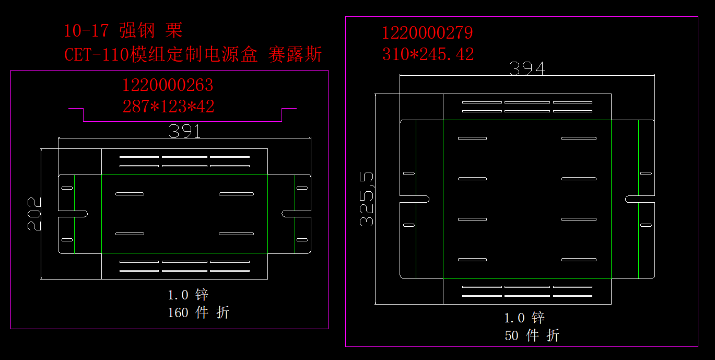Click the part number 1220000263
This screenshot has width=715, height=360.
[x=168, y=85]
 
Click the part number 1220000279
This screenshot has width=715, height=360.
[x=427, y=33]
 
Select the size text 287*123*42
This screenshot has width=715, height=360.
[x=168, y=107]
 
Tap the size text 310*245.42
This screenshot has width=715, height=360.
[x=428, y=54]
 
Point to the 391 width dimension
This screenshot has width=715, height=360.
[x=185, y=131]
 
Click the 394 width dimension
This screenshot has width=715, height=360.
[x=526, y=68]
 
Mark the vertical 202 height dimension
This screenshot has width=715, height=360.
[x=34, y=213]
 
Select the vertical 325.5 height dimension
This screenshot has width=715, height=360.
[x=367, y=199]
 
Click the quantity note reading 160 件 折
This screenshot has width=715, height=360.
[x=198, y=313]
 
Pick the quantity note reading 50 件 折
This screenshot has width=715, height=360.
[x=532, y=335]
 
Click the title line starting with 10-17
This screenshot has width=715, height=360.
[x=123, y=31]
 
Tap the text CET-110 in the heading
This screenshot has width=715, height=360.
[x=97, y=54]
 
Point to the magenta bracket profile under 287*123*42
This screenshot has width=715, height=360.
[x=182, y=121]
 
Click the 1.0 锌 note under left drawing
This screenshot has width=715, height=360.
[x=187, y=295]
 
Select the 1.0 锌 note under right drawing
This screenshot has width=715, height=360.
[x=524, y=318]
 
